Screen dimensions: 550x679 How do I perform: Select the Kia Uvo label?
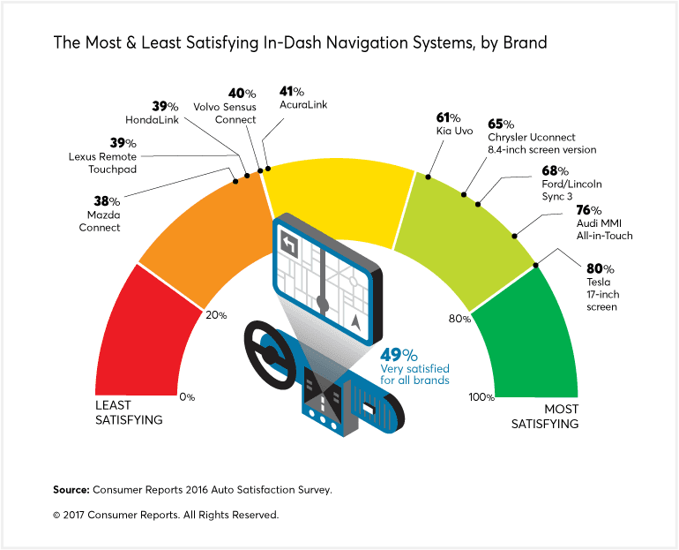pyautogui.click(x=456, y=124)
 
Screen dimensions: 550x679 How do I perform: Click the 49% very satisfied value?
pyautogui.click(x=399, y=355)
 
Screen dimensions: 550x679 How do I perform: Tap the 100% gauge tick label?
pyautogui.click(x=481, y=397)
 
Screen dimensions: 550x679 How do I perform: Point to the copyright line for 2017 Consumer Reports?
pyautogui.click(x=166, y=514)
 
